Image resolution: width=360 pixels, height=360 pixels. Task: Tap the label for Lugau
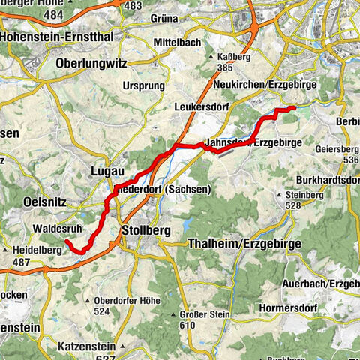(x=107, y=172)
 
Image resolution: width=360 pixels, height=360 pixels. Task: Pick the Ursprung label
(x=144, y=86)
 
